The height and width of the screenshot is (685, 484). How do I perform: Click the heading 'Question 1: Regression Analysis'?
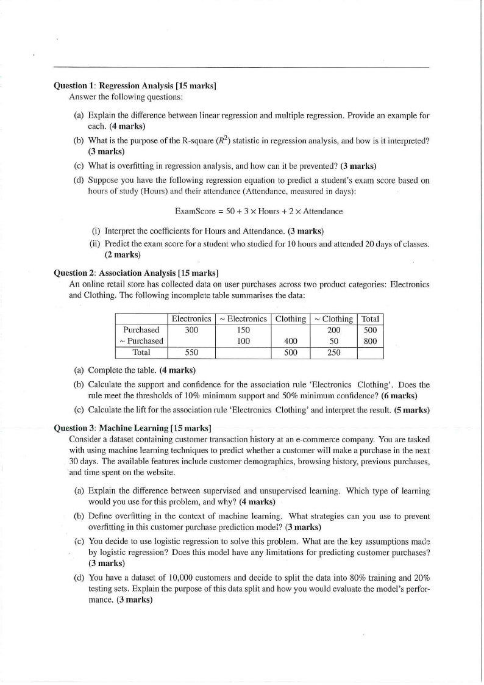point(136,86)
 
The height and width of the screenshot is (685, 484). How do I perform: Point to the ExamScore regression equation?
point(258,211)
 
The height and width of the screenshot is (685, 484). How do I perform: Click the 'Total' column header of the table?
point(370,319)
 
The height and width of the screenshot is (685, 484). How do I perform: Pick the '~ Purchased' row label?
point(141,340)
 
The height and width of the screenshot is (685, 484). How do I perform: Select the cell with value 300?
point(191,330)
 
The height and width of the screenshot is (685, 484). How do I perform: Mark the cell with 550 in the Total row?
point(191,352)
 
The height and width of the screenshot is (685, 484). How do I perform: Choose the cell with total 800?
point(370,340)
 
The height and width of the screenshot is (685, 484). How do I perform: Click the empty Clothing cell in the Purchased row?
point(291,330)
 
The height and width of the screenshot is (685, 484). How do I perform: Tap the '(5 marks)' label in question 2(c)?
point(410,409)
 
